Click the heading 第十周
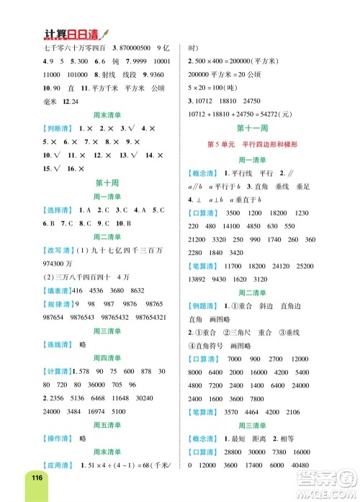pyautogui.click(x=106, y=184)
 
